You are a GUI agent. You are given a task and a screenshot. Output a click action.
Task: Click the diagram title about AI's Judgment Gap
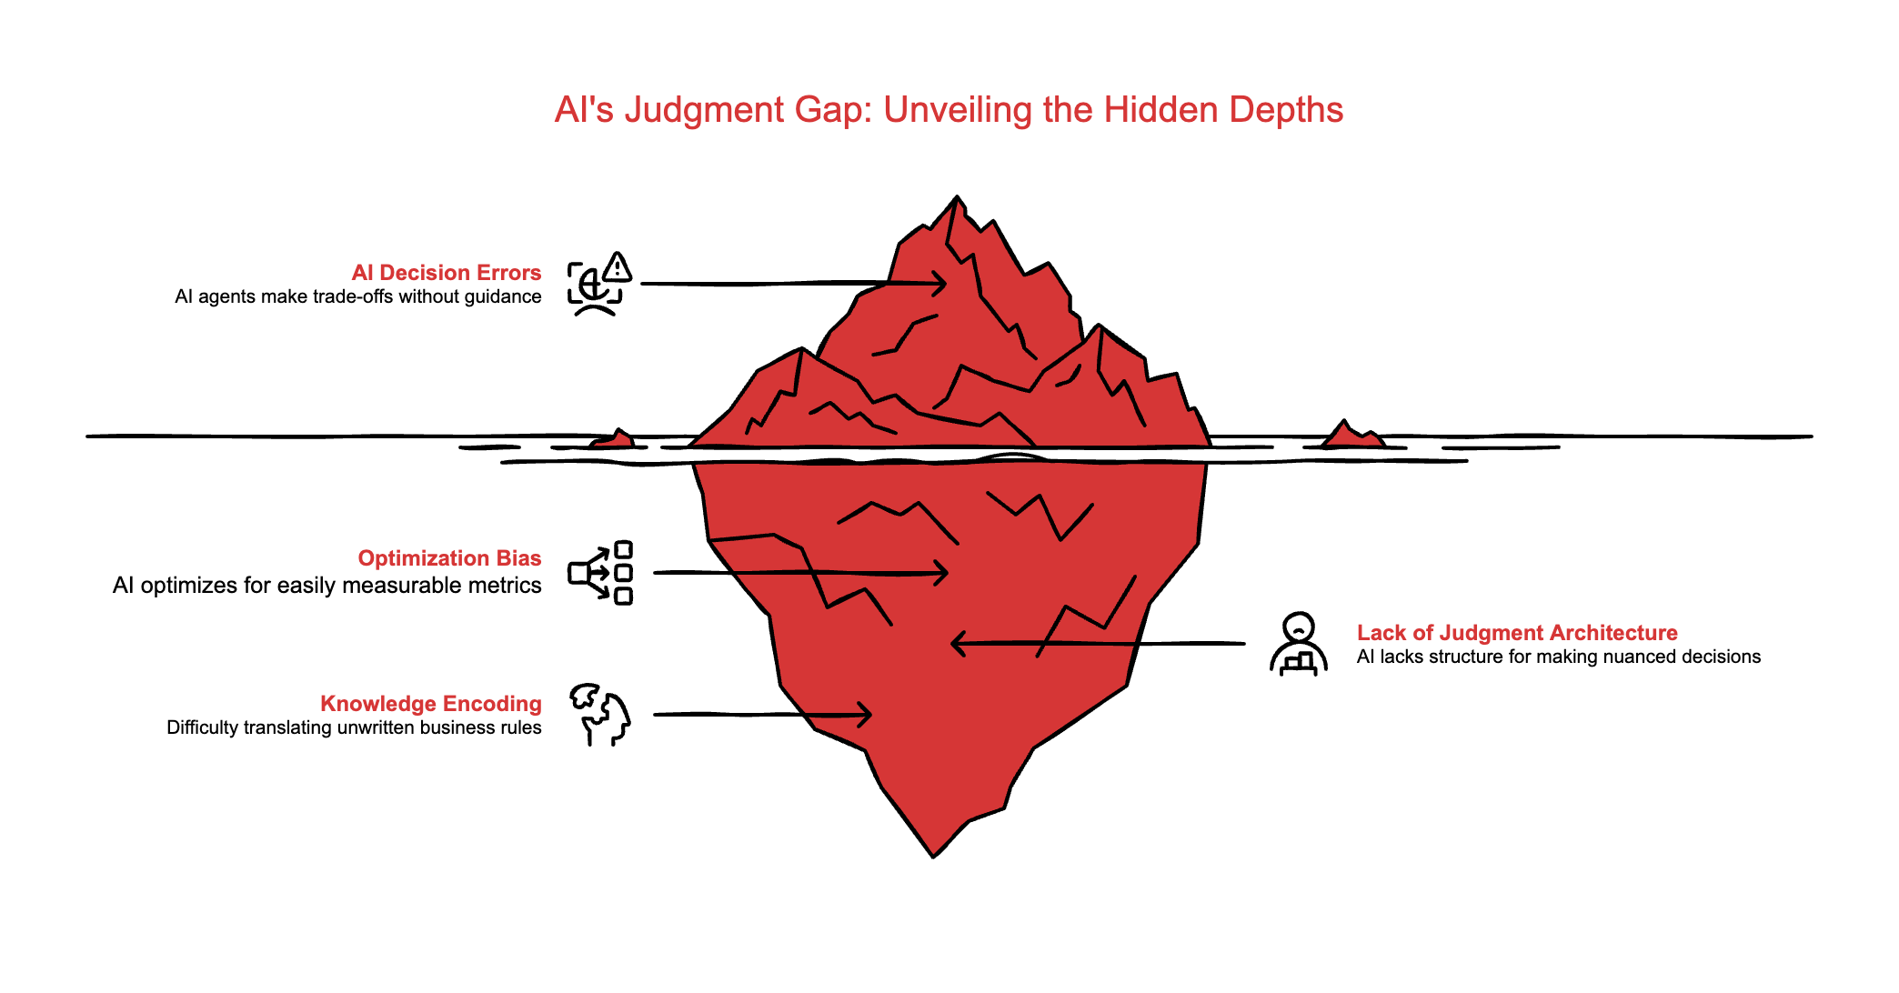point(949,110)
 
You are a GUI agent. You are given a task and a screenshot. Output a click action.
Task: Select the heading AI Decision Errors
point(446,273)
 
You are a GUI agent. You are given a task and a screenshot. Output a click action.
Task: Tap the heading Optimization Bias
point(449,558)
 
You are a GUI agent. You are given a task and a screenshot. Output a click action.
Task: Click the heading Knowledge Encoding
point(430,704)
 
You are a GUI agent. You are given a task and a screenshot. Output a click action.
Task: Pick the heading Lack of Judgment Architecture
point(1517,633)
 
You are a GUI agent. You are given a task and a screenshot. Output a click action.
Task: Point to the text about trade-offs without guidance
point(357,297)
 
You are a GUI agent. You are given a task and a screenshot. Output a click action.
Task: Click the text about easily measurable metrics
point(327,586)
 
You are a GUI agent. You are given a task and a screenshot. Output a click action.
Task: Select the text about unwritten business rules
point(354,727)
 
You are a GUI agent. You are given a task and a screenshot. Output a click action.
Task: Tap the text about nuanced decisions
point(1558,657)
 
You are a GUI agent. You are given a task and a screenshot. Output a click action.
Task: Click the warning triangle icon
point(618,267)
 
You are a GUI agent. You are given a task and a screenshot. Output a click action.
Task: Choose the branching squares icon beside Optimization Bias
point(600,573)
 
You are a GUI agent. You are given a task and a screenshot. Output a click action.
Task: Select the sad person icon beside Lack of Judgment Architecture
point(1299,644)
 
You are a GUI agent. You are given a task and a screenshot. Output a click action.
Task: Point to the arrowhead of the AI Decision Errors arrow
point(940,283)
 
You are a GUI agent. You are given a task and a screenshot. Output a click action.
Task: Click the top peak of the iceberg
point(957,200)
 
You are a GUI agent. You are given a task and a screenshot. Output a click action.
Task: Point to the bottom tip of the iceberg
point(933,853)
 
